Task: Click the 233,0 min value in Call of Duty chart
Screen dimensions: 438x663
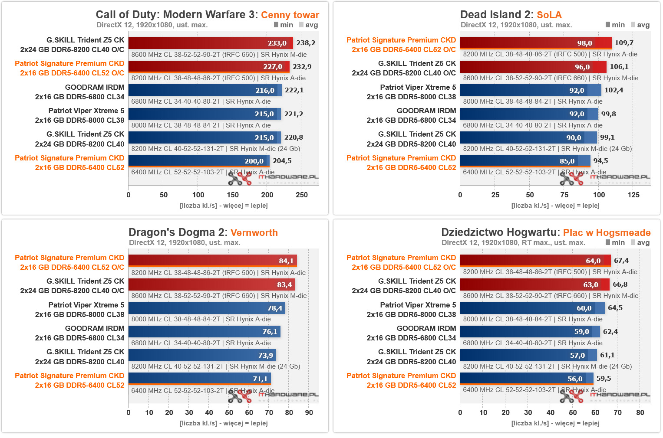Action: [277, 43]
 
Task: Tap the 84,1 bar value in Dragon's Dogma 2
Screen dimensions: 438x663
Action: [286, 261]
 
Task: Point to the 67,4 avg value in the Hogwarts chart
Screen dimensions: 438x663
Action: [621, 261]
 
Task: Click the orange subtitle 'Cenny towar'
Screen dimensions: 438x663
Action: [290, 15]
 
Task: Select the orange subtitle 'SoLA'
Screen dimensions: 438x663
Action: [549, 15]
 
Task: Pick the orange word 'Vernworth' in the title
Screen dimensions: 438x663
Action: [254, 232]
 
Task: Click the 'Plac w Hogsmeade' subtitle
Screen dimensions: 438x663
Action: [607, 232]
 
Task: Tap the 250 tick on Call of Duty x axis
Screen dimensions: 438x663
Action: [302, 195]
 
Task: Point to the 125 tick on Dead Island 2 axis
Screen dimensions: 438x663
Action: [633, 195]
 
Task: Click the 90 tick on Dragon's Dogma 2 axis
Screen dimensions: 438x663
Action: [309, 412]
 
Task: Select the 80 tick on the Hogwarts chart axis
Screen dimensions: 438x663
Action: [640, 412]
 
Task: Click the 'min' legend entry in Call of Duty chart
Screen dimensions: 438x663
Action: [284, 25]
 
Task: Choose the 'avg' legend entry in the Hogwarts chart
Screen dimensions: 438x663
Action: [640, 242]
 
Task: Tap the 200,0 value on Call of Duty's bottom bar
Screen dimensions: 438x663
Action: [254, 161]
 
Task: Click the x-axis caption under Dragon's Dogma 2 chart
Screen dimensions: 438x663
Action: [224, 423]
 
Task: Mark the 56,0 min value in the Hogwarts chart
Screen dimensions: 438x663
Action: [574, 379]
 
